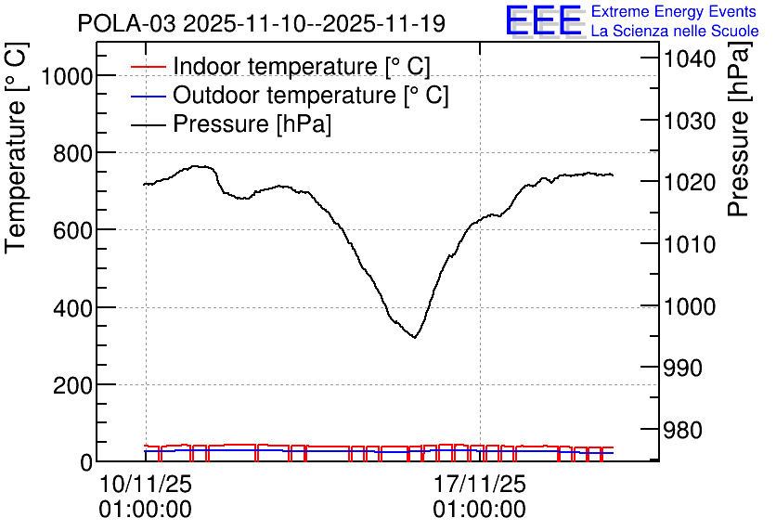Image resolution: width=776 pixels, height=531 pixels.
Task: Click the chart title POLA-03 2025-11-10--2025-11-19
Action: coord(262,24)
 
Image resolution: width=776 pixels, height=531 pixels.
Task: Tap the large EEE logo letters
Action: coord(544,20)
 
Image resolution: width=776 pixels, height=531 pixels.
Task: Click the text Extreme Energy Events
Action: coord(674,11)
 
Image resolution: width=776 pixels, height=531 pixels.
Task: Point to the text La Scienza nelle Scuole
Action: coord(675,32)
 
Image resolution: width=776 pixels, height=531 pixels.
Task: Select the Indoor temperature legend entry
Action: coord(280,66)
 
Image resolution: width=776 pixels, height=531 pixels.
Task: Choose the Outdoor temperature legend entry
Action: coord(290,95)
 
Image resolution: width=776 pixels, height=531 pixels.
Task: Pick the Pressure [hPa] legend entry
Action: coord(230,123)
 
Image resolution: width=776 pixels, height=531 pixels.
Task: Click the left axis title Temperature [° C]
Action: coord(16,149)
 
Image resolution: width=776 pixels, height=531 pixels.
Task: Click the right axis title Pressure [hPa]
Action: coord(740,129)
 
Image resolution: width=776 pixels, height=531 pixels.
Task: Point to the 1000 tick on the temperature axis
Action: coord(66,77)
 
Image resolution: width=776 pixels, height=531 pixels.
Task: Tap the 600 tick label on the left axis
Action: coord(72,230)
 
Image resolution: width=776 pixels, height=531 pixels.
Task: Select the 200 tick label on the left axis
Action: coord(72,385)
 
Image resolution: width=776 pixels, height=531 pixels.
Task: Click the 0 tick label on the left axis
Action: coord(86,462)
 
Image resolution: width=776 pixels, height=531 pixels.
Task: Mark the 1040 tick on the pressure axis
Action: coord(690,59)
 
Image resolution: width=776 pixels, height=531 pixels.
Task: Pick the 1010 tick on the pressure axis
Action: coord(690,244)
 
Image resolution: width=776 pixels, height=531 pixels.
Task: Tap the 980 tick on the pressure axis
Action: coord(682,430)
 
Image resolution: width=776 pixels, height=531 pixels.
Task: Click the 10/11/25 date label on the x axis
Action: coord(146,484)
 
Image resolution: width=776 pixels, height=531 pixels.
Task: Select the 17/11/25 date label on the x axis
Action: coord(480,484)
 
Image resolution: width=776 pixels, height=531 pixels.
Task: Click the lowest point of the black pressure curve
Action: coord(415,338)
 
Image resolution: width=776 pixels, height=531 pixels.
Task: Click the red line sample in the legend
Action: coord(148,67)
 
